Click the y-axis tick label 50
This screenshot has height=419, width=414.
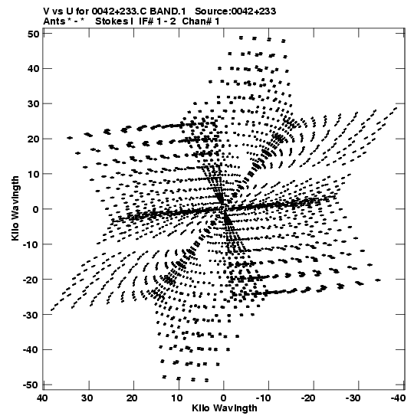(x=34, y=34)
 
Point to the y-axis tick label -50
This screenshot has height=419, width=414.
(x=31, y=385)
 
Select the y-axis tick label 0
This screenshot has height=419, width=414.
(x=36, y=209)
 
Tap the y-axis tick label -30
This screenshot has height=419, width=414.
(x=31, y=315)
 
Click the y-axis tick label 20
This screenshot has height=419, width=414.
(x=34, y=139)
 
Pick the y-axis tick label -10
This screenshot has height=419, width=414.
(x=31, y=244)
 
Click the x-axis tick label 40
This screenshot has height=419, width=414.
(x=43, y=398)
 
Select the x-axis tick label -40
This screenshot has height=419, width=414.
(x=398, y=398)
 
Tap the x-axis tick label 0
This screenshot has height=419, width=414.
(x=224, y=398)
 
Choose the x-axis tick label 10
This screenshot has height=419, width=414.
(x=178, y=398)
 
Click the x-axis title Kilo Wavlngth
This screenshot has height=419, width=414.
(x=225, y=408)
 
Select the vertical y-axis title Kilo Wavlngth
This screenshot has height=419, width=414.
(x=15, y=208)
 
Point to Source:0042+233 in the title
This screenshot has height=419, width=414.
(x=235, y=11)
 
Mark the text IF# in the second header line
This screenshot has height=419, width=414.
(x=146, y=21)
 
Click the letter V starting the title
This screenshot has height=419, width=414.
(x=46, y=11)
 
